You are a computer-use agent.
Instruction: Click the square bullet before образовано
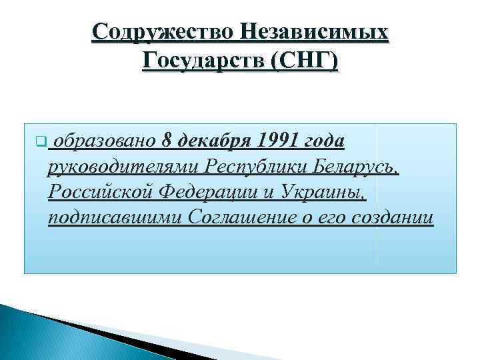(41, 141)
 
